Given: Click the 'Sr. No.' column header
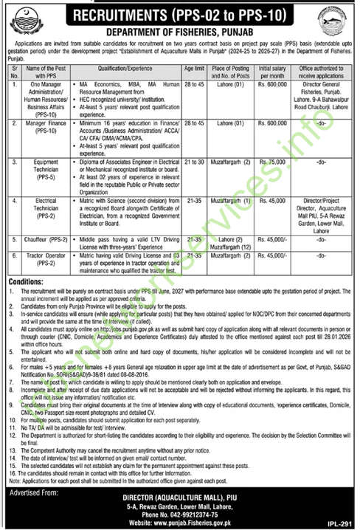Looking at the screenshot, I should point(14,70).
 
